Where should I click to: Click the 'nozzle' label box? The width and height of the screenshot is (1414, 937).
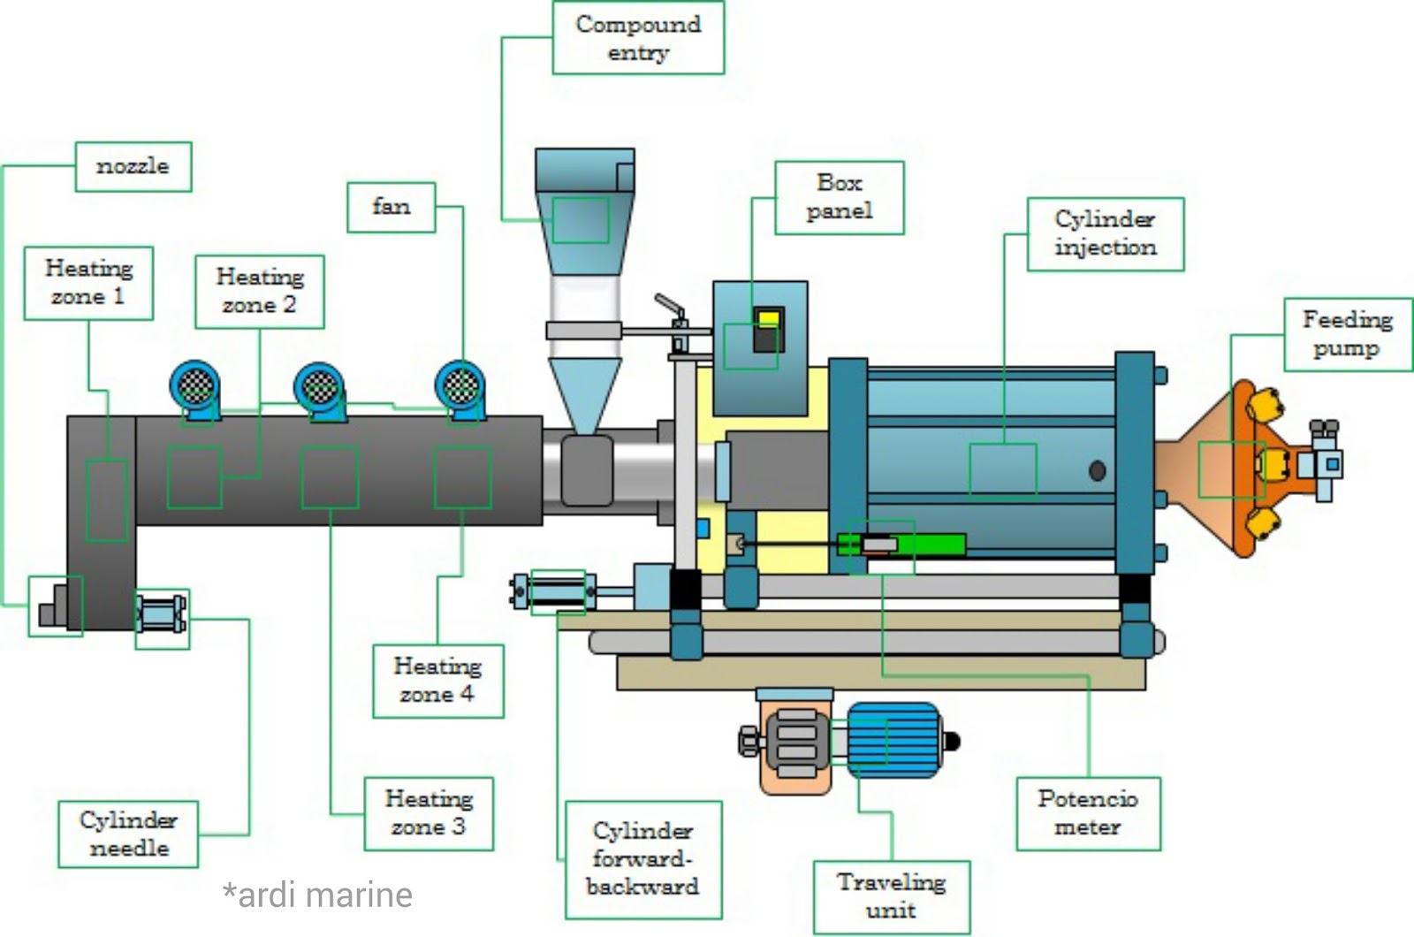pyautogui.click(x=133, y=166)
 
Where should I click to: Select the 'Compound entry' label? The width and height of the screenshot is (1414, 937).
pyautogui.click(x=638, y=38)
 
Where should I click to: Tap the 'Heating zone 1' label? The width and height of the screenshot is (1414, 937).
pyautogui.click(x=88, y=283)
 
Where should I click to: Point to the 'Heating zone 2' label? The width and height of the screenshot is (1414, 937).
pyautogui.click(x=259, y=292)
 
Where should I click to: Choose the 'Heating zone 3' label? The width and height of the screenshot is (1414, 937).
pyautogui.click(x=429, y=813)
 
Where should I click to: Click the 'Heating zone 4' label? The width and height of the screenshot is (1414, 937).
pyautogui.click(x=437, y=681)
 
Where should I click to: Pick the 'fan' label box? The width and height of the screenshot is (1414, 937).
pyautogui.click(x=391, y=208)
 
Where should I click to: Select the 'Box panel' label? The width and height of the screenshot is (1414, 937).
pyautogui.click(x=839, y=197)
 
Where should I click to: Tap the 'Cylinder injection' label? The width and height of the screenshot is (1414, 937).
pyautogui.click(x=1105, y=234)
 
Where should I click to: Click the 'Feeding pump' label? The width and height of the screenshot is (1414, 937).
pyautogui.click(x=1347, y=334)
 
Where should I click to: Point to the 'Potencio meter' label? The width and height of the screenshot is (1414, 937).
pyautogui.click(x=1088, y=813)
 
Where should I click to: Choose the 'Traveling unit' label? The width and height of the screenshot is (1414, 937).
pyautogui.click(x=891, y=896)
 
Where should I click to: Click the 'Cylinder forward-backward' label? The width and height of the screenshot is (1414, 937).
pyautogui.click(x=642, y=859)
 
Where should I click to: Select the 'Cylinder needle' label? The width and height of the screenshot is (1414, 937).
pyautogui.click(x=128, y=834)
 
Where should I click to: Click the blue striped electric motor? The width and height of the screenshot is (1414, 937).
pyautogui.click(x=893, y=741)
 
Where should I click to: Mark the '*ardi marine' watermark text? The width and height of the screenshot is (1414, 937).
pyautogui.click(x=317, y=895)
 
